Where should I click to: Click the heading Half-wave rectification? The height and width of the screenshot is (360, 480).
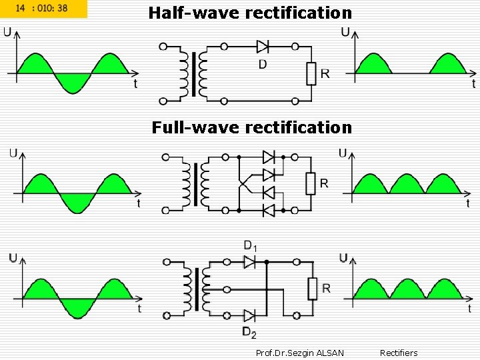[250, 13]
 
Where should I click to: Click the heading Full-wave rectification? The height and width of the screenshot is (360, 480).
[251, 127]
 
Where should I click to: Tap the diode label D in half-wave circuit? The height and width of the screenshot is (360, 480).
[262, 64]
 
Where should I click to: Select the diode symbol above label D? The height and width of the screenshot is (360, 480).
[262, 47]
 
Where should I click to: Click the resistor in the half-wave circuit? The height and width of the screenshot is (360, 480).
[311, 73]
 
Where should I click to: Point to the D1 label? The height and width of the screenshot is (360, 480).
[250, 247]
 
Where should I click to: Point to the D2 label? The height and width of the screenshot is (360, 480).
[249, 333]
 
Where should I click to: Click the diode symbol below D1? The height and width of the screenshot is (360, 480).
[250, 263]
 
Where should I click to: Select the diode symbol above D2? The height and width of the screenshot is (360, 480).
[250, 315]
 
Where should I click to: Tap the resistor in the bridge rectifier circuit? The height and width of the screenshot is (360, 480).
[310, 183]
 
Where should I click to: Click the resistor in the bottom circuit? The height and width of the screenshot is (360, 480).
[311, 289]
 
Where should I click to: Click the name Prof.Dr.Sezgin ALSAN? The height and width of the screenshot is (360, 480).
[300, 353]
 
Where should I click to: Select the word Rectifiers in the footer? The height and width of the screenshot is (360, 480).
[399, 353]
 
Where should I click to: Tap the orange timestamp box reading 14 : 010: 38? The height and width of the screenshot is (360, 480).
[44, 9]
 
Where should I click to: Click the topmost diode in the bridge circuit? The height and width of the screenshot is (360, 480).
[269, 157]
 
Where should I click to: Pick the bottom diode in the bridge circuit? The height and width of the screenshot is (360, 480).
[269, 210]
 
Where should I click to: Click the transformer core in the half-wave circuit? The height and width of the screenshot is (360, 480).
[194, 73]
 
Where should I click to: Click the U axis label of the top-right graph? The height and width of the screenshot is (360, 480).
[345, 31]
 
